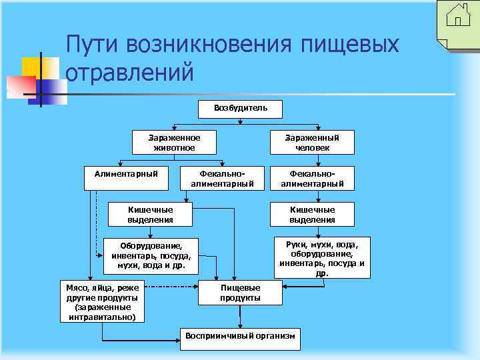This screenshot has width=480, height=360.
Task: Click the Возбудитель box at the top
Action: coord(241,108)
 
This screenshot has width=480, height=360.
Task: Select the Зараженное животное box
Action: coord(174,141)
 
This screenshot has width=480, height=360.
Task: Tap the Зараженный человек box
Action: coord(312,141)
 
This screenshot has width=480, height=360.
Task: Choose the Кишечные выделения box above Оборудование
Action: coord(151,214)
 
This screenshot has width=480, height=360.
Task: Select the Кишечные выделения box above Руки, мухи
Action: coord(312,214)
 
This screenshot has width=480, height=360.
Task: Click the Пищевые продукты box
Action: coord(240,292)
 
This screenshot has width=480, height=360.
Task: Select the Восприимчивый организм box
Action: coord(240,336)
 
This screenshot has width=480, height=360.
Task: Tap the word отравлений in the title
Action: coord(131,71)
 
